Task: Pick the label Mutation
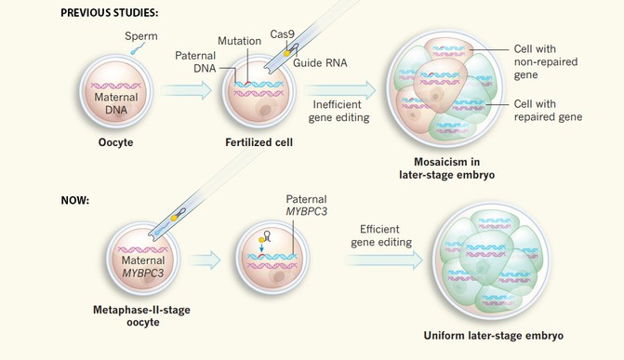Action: point(239,42)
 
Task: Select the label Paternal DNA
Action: point(195,61)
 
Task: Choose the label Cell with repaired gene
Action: point(548,111)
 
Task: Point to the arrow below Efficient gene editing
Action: point(381,263)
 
